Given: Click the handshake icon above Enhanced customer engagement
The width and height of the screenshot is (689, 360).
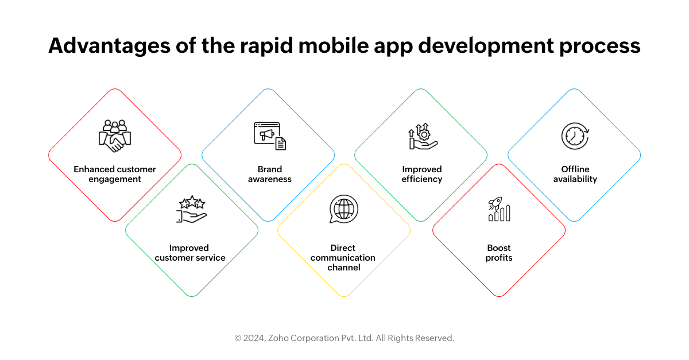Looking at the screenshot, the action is (x=115, y=136).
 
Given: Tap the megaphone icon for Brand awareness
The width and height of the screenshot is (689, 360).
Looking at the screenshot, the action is (x=270, y=136).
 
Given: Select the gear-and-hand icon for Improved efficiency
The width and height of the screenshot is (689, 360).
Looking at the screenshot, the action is (x=423, y=136).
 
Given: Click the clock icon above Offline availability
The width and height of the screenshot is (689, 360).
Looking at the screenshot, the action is (x=575, y=136).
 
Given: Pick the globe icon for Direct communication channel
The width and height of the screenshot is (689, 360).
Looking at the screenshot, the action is (x=343, y=209).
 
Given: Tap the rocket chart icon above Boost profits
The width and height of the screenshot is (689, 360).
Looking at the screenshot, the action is (x=499, y=209).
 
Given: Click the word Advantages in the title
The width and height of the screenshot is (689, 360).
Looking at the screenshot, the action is (x=109, y=46).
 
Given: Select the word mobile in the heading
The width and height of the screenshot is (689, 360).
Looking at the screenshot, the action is (x=334, y=45).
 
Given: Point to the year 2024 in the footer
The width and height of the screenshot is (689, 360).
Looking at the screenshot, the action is (x=254, y=338).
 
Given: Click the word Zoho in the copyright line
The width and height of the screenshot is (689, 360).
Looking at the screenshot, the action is (x=278, y=338).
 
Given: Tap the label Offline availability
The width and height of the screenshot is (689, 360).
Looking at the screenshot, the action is (x=575, y=174).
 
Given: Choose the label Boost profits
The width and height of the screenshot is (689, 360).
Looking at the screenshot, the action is (x=499, y=253).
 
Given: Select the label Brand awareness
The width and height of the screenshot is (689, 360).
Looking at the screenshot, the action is (x=270, y=174).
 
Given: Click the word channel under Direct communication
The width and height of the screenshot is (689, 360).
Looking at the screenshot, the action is (x=343, y=268).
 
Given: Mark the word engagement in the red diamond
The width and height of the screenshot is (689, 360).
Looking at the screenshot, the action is (x=115, y=180).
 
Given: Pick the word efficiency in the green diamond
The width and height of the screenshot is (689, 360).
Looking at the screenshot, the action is (x=421, y=179).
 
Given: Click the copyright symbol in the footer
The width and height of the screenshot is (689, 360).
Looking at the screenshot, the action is (x=238, y=338).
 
